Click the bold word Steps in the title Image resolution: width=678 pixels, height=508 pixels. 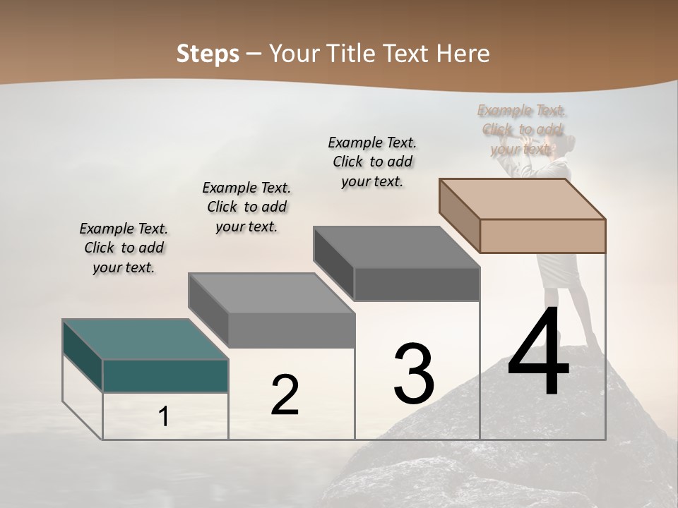tap(208, 54)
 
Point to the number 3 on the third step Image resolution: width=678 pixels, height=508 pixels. tap(414, 374)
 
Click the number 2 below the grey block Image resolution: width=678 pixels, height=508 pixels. tap(285, 395)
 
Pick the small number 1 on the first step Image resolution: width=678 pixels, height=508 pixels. tap(164, 417)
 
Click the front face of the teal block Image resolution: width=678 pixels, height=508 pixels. tap(165, 375)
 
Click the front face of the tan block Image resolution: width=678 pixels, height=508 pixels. tap(542, 236)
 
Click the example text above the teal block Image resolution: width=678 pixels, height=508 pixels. tap(124, 248)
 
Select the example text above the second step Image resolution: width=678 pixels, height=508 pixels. tap(246, 207)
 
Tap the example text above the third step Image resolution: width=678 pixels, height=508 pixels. tap(372, 162)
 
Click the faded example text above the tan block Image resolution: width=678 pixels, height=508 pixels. tap(522, 129)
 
